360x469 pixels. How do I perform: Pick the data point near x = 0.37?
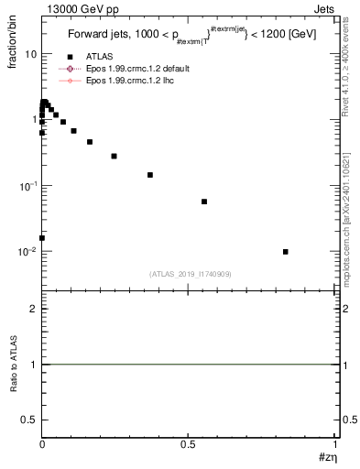click(150, 175)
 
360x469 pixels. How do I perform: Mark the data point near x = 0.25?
click(114, 156)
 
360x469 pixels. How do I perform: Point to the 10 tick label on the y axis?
click(30, 54)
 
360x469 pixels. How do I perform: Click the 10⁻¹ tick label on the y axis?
click(28, 186)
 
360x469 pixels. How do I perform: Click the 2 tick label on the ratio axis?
click(33, 309)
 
